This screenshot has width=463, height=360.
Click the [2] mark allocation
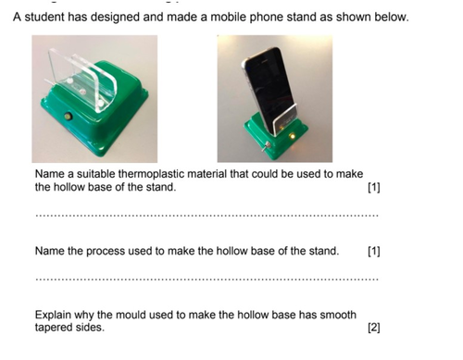pyautogui.click(x=374, y=328)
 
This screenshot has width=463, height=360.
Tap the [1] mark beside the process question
pyautogui.click(x=374, y=252)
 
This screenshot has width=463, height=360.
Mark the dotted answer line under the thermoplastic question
pyautogui.click(x=207, y=216)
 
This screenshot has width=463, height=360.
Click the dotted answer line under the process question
pyautogui.click(x=207, y=279)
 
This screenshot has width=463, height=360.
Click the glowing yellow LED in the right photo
pyautogui.click(x=292, y=135)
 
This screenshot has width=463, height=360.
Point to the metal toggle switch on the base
pyautogui.click(x=267, y=146)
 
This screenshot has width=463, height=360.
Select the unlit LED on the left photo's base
pyautogui.click(x=67, y=117)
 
